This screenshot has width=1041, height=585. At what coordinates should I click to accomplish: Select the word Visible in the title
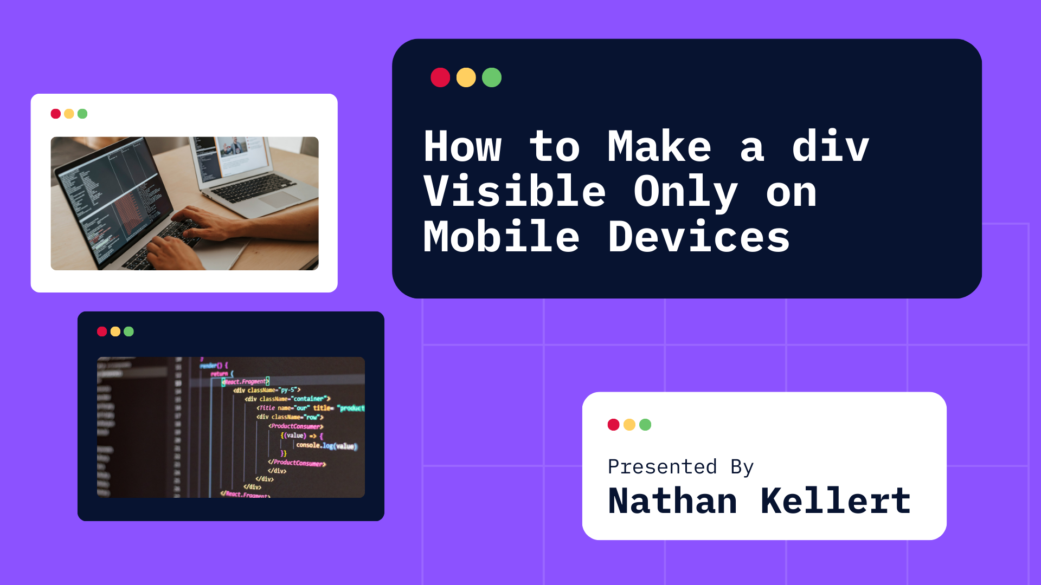tap(514, 192)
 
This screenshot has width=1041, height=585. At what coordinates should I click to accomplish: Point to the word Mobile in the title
tap(501, 237)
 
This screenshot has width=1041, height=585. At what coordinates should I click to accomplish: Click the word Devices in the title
tap(698, 237)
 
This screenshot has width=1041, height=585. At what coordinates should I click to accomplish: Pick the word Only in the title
tap(685, 192)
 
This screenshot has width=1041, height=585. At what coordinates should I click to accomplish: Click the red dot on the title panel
tap(440, 77)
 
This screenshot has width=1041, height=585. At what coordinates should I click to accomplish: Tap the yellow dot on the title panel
tap(466, 77)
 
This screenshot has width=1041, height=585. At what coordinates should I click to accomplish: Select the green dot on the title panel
tap(492, 77)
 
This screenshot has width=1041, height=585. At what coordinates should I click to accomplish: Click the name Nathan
tap(672, 501)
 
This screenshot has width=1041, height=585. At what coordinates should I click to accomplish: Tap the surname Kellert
tap(835, 501)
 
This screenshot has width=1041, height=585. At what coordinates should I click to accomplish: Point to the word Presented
tap(662, 467)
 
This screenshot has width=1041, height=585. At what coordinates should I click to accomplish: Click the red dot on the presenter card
tap(613, 425)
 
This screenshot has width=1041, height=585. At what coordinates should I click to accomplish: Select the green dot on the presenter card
tap(645, 425)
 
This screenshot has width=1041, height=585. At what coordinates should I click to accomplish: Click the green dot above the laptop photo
tap(82, 114)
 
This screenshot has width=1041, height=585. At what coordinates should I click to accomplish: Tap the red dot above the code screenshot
tap(102, 331)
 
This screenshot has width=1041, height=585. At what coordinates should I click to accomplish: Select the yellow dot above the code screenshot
tap(115, 331)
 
